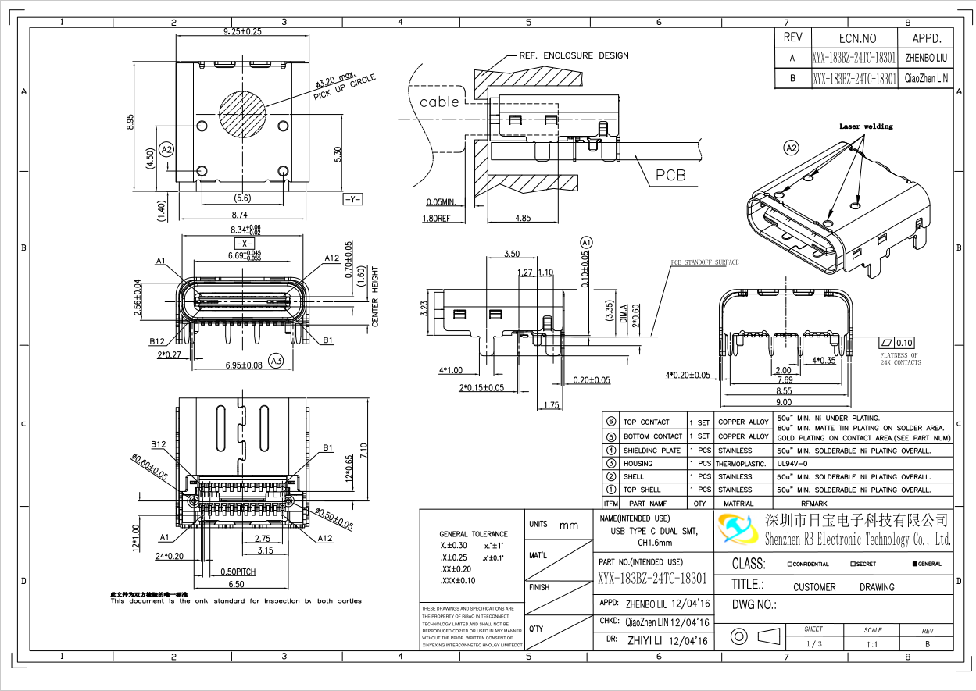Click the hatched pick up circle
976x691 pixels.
pos(242,109)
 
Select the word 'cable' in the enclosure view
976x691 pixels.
pos(439,102)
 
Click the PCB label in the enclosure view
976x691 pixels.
pos(670,175)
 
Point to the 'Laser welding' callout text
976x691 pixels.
pos(866,126)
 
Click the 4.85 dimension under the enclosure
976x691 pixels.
pos(523,218)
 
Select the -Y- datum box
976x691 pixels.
pos(352,200)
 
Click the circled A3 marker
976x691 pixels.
pos(275,361)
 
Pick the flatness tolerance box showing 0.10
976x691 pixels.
pos(896,343)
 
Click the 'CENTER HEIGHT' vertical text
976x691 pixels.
pos(375,297)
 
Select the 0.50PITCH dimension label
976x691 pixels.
pos(238,572)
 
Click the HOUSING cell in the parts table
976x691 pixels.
pos(638,464)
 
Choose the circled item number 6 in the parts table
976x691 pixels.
pos(611,422)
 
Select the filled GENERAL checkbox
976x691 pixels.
pos(915,564)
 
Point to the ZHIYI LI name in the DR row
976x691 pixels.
pos(645,641)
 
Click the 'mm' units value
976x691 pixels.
pos(569,525)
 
